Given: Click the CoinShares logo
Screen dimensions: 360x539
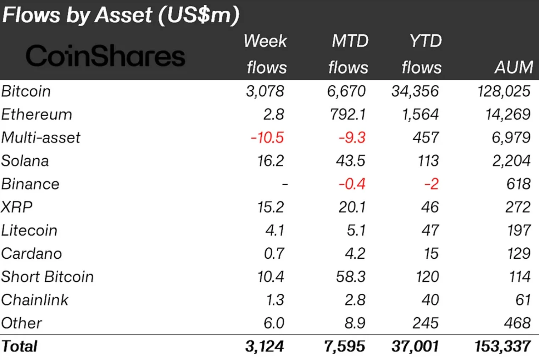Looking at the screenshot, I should tap(105, 56).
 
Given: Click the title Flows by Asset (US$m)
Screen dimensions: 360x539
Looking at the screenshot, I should tap(121, 15).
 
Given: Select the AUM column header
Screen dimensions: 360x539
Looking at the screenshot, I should tap(513, 67).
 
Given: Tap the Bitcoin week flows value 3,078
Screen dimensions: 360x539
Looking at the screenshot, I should tap(265, 91).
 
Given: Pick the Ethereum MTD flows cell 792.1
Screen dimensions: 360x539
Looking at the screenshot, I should tap(347, 114).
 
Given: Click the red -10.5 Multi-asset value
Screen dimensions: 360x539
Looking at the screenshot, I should tap(267, 137).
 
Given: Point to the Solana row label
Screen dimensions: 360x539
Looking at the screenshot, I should tap(25, 161).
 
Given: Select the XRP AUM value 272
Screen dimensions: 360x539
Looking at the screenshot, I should tap(518, 207).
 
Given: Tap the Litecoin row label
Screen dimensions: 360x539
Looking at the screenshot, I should tap(29, 230).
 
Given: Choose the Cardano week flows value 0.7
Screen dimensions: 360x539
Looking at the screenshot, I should tap(274, 253).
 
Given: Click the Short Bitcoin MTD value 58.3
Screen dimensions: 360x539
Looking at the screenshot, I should tap(350, 276).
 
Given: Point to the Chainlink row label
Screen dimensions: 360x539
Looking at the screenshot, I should tap(34, 300).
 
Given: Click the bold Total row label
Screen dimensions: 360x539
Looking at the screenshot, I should tap(19, 346).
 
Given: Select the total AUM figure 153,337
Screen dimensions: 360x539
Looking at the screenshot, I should tap(502, 346).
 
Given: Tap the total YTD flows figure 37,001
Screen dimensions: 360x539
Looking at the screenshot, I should tap(415, 346).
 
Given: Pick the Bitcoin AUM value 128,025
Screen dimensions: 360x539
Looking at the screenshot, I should tap(504, 91).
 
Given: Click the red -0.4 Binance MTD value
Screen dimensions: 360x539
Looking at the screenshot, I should tap(352, 184).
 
